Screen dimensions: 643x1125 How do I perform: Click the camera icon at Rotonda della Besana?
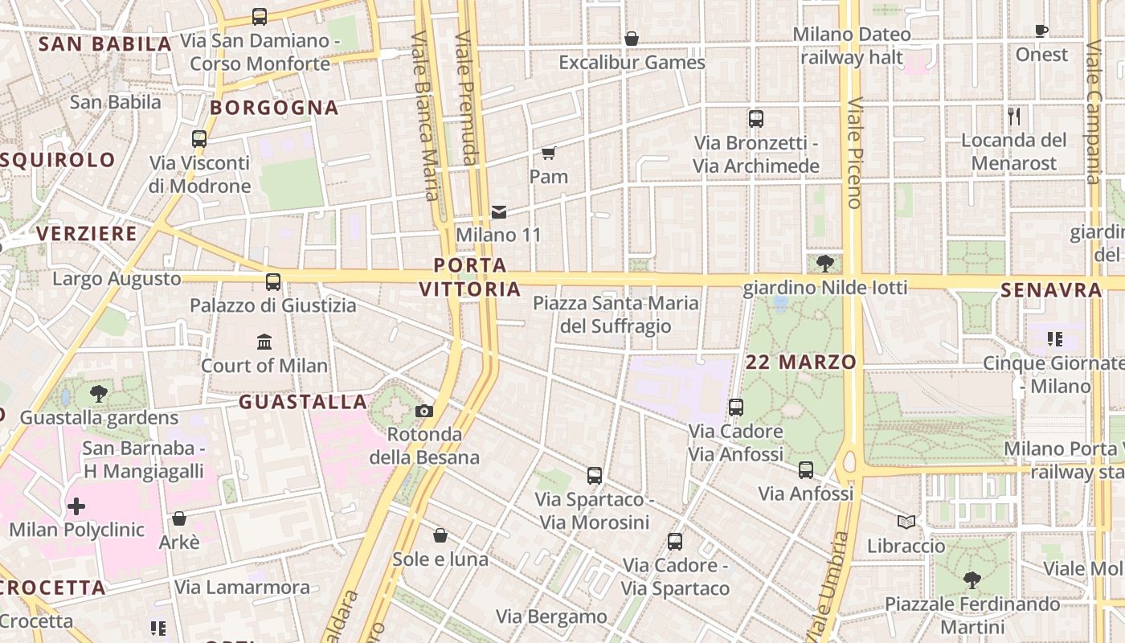pyautogui.click(x=424, y=412)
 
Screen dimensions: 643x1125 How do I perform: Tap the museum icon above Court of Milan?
pyautogui.click(x=264, y=342)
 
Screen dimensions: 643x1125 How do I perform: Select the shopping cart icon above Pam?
pyautogui.click(x=549, y=153)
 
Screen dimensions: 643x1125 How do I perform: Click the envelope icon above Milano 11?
pyautogui.click(x=499, y=212)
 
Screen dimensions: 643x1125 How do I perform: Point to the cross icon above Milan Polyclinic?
pyautogui.click(x=76, y=506)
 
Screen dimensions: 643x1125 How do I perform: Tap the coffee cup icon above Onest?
pyautogui.click(x=1041, y=31)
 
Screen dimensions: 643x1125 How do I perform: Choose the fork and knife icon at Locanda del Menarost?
pyautogui.click(x=1014, y=117)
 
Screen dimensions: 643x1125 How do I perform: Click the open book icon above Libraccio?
pyautogui.click(x=906, y=522)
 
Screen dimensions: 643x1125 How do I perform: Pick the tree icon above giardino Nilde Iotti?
pyautogui.click(x=824, y=263)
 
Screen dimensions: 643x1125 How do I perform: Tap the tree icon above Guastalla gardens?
pyautogui.click(x=99, y=394)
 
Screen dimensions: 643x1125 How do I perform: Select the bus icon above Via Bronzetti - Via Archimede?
pyautogui.click(x=756, y=119)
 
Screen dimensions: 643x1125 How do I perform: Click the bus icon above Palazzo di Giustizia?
pyautogui.click(x=273, y=282)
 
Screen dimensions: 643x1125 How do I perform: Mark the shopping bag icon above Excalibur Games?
pyautogui.click(x=632, y=39)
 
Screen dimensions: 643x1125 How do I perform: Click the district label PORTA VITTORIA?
pyautogui.click(x=471, y=276)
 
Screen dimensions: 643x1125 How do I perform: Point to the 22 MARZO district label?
pyautogui.click(x=801, y=362)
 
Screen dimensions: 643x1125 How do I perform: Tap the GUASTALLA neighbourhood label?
pyautogui.click(x=303, y=402)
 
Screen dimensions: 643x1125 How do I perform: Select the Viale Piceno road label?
pyautogui.click(x=854, y=153)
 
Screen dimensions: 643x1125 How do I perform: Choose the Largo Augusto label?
pyautogui.click(x=117, y=279)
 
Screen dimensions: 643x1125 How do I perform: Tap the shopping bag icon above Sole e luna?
pyautogui.click(x=440, y=535)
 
